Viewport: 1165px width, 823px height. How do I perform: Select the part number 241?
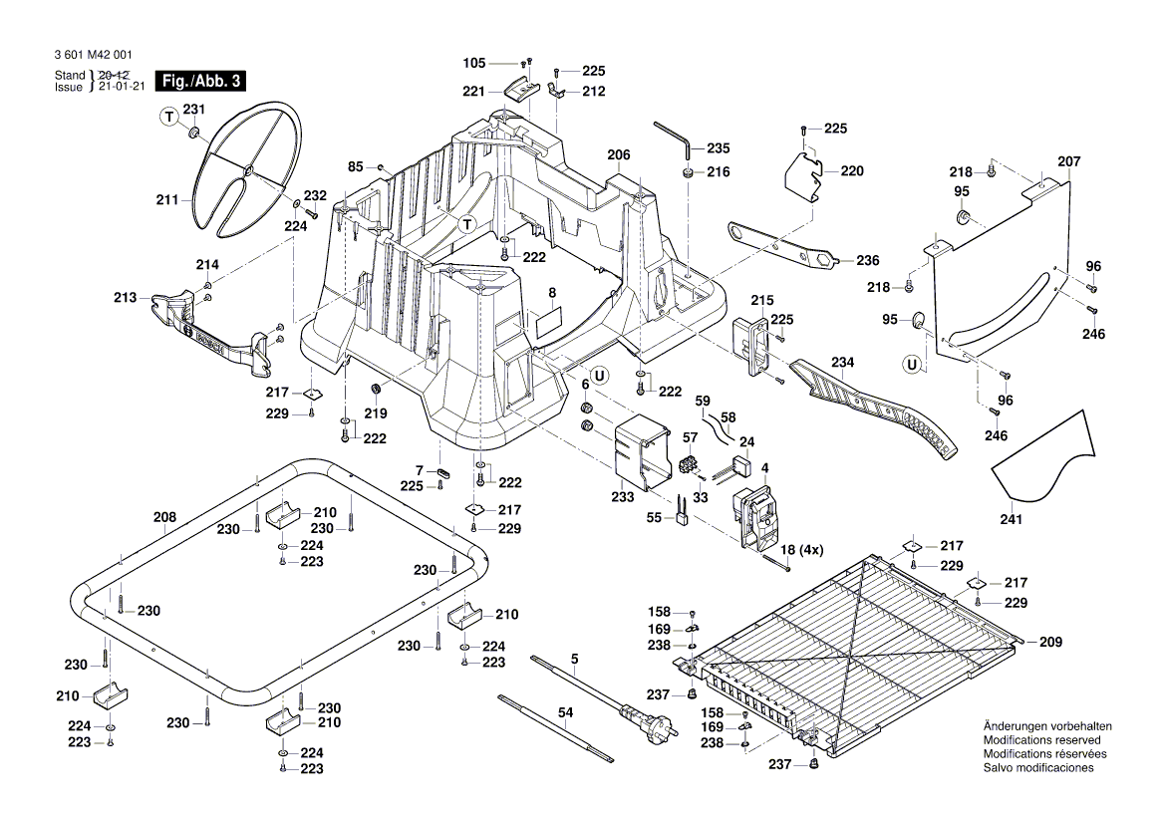(1012, 518)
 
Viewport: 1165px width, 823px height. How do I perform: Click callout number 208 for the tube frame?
(164, 517)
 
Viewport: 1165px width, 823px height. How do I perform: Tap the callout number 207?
(1068, 161)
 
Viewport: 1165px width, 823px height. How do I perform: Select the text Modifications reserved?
(1041, 741)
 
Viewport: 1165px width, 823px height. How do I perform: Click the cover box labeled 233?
(641, 453)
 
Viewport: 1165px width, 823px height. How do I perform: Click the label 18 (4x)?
(802, 550)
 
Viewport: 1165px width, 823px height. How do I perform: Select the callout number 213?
(126, 297)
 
